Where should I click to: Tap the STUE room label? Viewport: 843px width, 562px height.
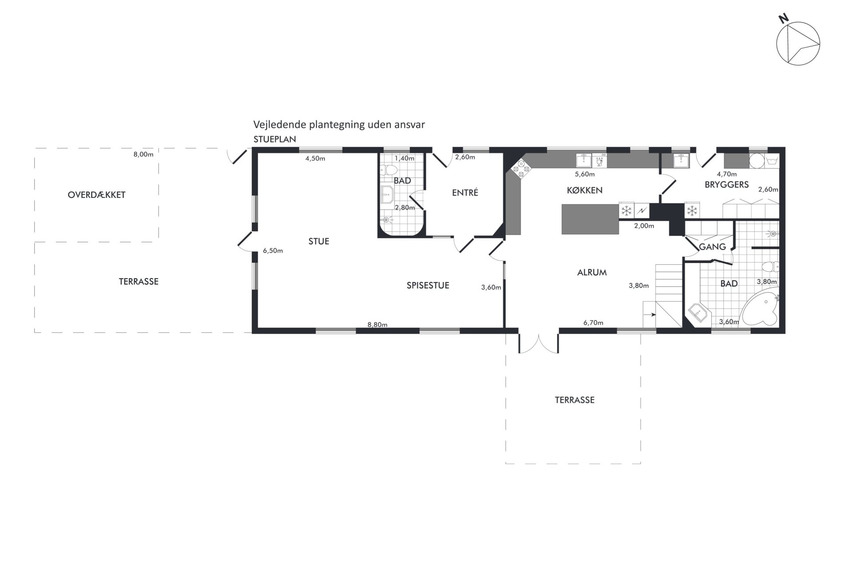pos(319,241)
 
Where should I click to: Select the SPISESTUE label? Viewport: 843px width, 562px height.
pos(428,285)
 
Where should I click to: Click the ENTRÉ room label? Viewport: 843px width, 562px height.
pos(465,193)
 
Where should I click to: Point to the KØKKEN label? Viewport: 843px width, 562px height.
pos(584,190)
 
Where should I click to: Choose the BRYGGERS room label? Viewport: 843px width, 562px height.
pos(727,185)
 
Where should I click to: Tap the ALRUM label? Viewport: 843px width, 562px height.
pos(592,272)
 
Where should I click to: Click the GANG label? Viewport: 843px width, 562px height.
pos(712,247)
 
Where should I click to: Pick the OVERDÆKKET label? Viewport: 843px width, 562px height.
pos(96,195)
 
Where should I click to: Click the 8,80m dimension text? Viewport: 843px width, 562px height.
pos(377,325)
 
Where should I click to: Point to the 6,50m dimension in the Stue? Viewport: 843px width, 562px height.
pos(273,251)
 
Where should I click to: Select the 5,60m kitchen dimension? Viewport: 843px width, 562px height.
pos(585,174)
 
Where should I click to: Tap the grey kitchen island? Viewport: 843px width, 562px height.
pos(590,219)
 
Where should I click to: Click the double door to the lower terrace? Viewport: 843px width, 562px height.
pos(538,343)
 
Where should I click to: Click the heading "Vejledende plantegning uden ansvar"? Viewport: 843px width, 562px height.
pos(339,125)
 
